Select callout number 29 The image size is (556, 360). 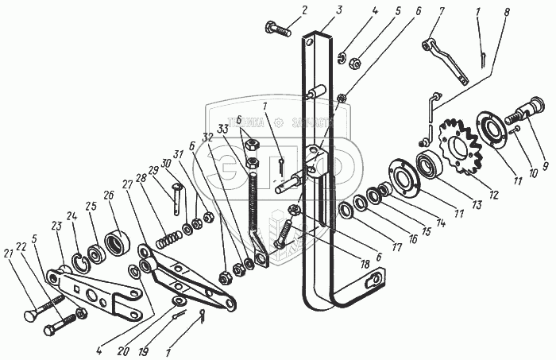click(x=153, y=171)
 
